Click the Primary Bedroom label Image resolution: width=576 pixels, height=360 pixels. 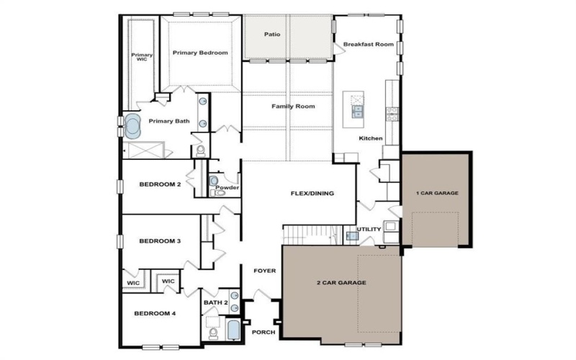pyautogui.click(x=200, y=53)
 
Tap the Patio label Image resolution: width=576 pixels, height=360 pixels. pyautogui.click(x=272, y=35)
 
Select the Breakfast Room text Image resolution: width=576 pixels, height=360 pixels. pyautogui.click(x=369, y=45)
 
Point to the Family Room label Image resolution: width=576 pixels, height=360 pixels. pyautogui.click(x=293, y=107)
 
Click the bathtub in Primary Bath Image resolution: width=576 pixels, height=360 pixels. pyautogui.click(x=132, y=126)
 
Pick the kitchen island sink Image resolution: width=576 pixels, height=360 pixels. pyautogui.click(x=357, y=112)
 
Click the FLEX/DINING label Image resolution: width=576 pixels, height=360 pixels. pyautogui.click(x=312, y=193)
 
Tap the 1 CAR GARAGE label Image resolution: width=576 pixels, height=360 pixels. pyautogui.click(x=437, y=193)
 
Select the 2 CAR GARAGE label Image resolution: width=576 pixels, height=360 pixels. pyautogui.click(x=341, y=283)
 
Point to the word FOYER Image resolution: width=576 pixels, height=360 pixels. pyautogui.click(x=264, y=271)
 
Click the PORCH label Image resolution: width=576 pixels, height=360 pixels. pyautogui.click(x=264, y=333)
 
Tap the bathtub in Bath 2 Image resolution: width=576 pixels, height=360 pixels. pyautogui.click(x=233, y=330)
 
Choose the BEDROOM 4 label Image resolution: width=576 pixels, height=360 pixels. pyautogui.click(x=155, y=314)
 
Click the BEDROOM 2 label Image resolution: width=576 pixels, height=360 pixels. pyautogui.click(x=160, y=184)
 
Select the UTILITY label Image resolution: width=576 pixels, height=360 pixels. pyautogui.click(x=369, y=229)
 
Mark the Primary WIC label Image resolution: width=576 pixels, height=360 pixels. pyautogui.click(x=142, y=57)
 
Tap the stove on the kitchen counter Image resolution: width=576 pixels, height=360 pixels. pyautogui.click(x=392, y=114)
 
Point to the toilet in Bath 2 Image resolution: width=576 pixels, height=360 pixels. pyautogui.click(x=213, y=333)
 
